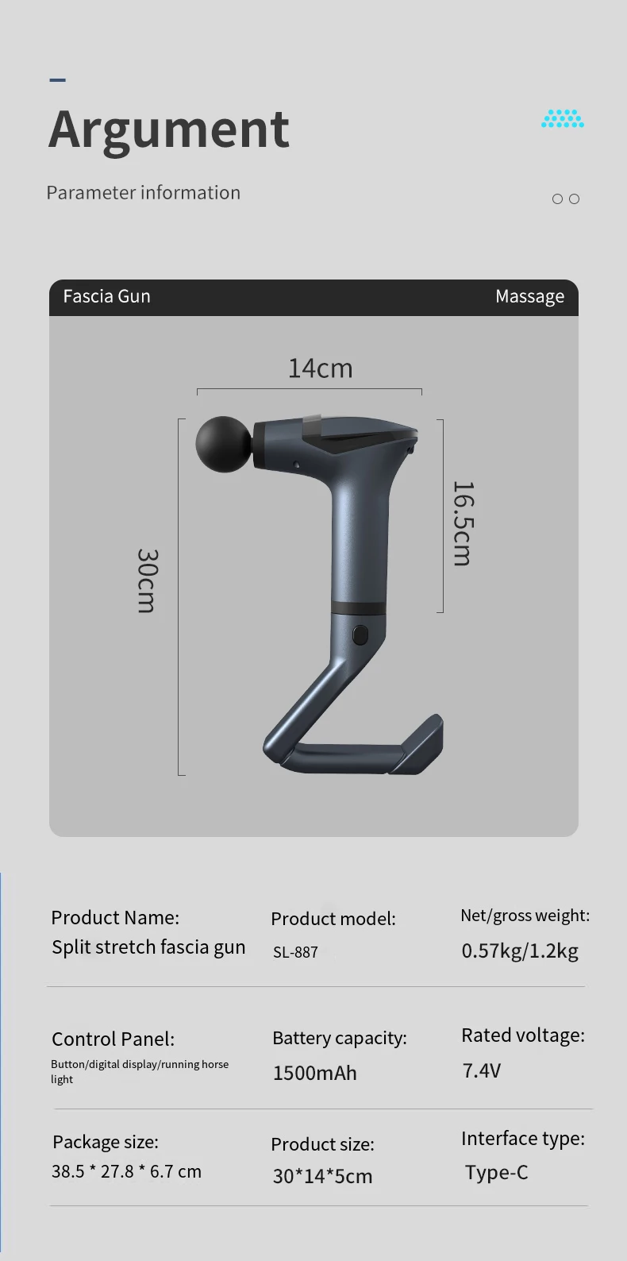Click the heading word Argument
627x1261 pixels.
(169, 129)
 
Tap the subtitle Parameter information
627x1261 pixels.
(143, 193)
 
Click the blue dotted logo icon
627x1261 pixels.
(563, 119)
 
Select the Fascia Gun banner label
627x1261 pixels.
(106, 296)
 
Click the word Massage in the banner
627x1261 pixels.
(529, 296)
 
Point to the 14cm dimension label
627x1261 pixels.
(320, 368)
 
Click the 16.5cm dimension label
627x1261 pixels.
(463, 523)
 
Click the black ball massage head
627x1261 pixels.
(223, 444)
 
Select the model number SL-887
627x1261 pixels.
(295, 952)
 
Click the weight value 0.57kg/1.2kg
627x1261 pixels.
(520, 951)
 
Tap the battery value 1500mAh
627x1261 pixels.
(314, 1074)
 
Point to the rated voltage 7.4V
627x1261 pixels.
(481, 1070)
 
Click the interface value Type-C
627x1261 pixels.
(496, 1173)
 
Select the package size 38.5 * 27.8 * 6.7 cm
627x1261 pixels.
(126, 1171)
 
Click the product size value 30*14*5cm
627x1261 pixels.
(322, 1176)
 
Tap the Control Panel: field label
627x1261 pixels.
(113, 1039)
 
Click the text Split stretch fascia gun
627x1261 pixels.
(148, 947)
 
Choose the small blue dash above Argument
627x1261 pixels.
(57, 79)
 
